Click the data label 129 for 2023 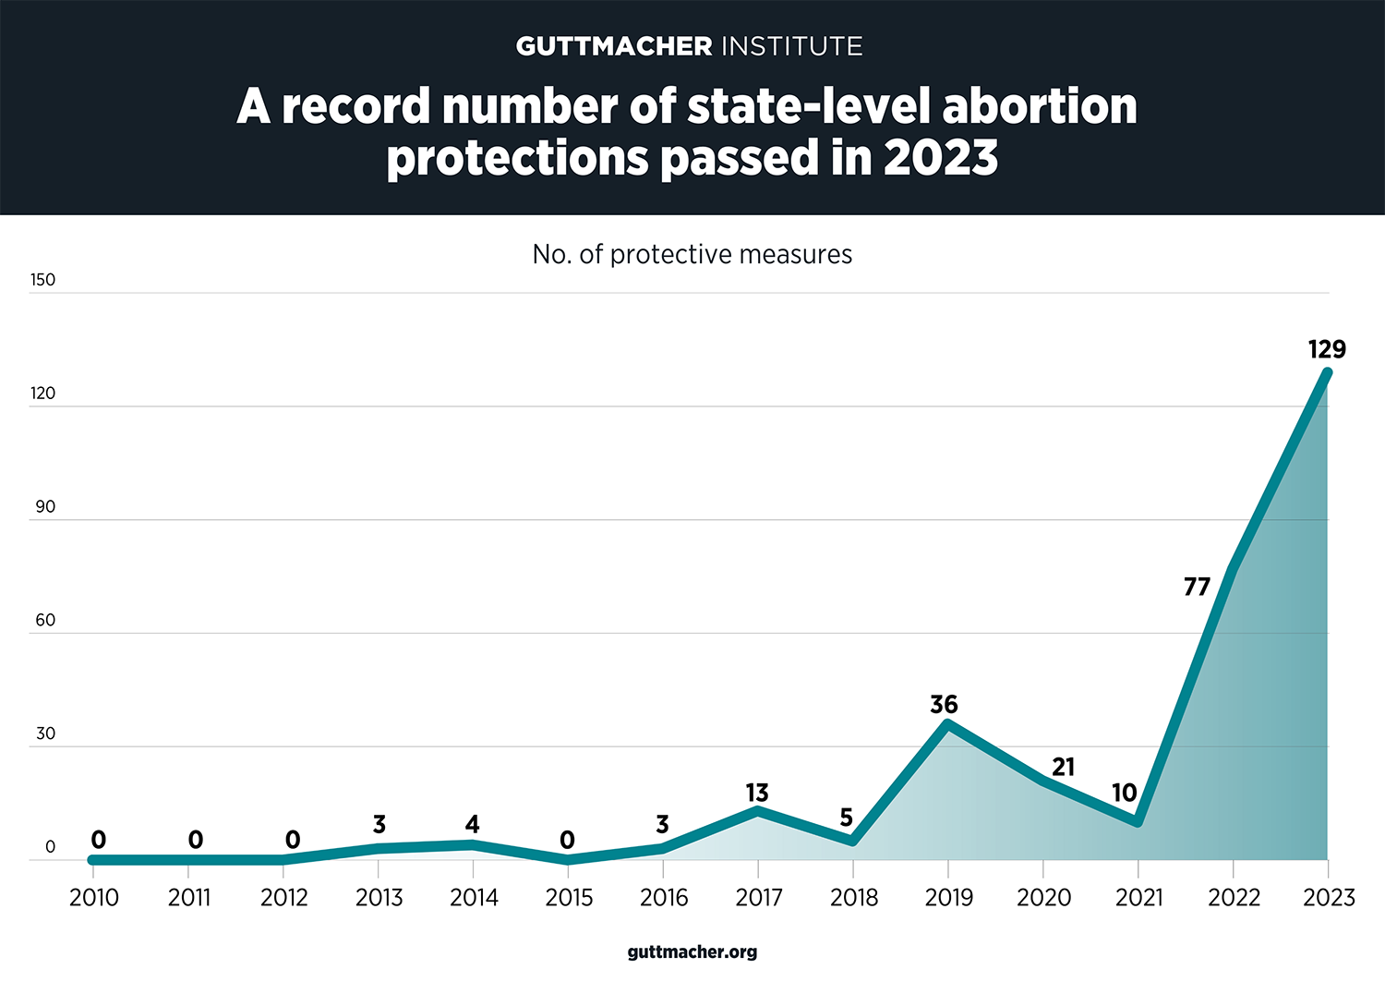[x=1327, y=349]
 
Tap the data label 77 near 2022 [x=1197, y=587]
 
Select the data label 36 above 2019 [x=944, y=705]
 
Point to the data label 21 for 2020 [x=1063, y=767]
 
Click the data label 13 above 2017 [x=757, y=793]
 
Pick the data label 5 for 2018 [x=846, y=818]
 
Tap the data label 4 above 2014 [x=473, y=824]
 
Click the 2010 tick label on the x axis [x=94, y=897]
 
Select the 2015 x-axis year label [x=569, y=897]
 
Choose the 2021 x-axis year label [x=1138, y=897]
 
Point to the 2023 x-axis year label [x=1329, y=897]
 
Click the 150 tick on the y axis [x=42, y=280]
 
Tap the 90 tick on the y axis [x=45, y=507]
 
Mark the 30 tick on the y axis [x=45, y=734]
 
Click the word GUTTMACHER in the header [x=614, y=46]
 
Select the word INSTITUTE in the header [x=791, y=46]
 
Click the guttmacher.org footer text [x=692, y=952]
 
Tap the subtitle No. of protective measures [x=692, y=254]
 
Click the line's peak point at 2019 [x=947, y=723]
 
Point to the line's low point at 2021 [x=1138, y=822]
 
